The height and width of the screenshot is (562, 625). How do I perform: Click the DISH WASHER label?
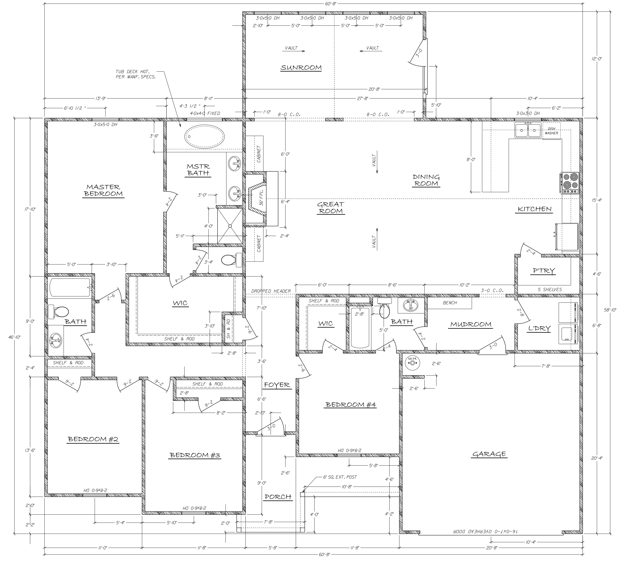click(551, 131)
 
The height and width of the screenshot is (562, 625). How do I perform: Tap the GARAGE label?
click(489, 454)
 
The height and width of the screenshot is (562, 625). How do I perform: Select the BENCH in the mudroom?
click(450, 303)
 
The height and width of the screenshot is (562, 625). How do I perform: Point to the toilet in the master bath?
click(232, 260)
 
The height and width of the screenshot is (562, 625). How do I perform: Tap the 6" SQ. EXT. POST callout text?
click(340, 477)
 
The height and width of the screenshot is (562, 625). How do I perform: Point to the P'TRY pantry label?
click(544, 271)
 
